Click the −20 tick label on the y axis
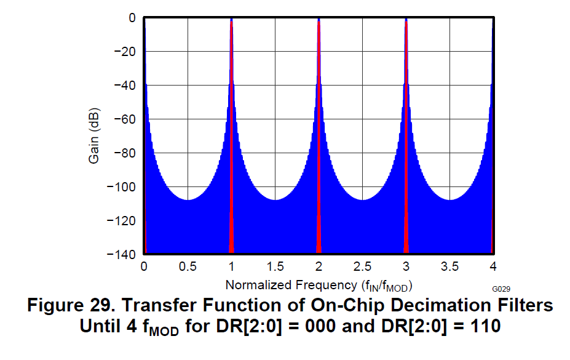point(125,52)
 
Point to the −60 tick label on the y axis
point(125,119)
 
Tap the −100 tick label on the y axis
point(122,186)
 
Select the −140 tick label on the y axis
point(122,254)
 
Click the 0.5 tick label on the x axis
point(188,266)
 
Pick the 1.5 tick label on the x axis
point(275,266)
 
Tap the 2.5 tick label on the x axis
point(362,266)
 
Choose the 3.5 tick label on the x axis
point(449,266)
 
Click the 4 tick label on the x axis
point(493,266)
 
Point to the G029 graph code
point(501,289)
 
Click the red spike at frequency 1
point(231,154)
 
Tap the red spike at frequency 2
point(319,154)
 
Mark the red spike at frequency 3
point(406,154)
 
